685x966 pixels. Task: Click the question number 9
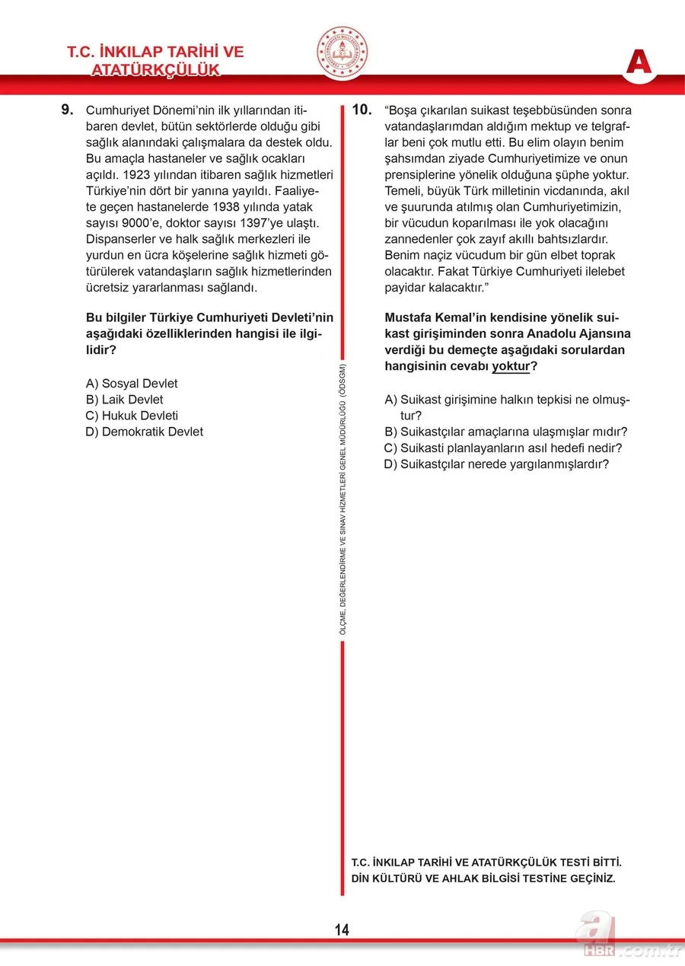[x=67, y=110]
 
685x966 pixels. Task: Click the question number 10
[x=362, y=110]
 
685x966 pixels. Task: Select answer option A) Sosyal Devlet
[x=132, y=384]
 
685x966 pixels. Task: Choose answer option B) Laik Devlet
[x=124, y=400]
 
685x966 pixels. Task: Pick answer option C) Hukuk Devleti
[x=132, y=416]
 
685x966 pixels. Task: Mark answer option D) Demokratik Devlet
[x=145, y=432]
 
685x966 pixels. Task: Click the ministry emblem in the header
[x=342, y=52]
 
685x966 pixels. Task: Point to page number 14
[x=342, y=929]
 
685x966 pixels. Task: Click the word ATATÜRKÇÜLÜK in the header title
[x=155, y=70]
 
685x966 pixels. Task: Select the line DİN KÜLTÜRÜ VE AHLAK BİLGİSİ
[x=483, y=878]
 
